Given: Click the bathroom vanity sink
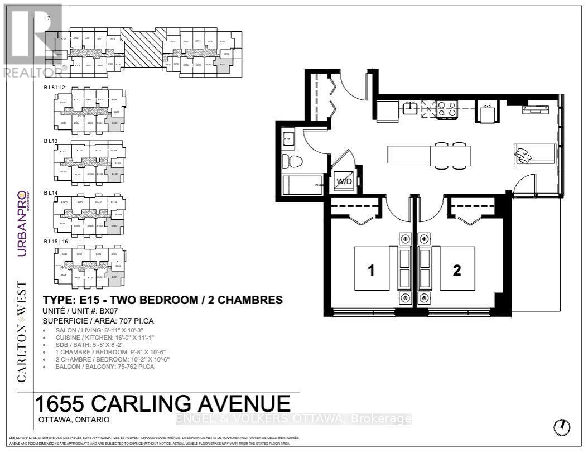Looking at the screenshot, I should coord(288,137).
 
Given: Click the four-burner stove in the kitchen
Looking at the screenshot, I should coord(446,109).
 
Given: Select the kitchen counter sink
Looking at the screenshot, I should coord(411,108).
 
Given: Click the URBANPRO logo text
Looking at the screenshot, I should coord(22,223).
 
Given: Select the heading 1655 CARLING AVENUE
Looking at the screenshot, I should coord(163,404).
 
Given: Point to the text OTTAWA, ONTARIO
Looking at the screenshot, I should coord(74,420).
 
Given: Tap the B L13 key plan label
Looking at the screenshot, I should coord(51,141).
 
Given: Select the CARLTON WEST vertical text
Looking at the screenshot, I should coord(22,331).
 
